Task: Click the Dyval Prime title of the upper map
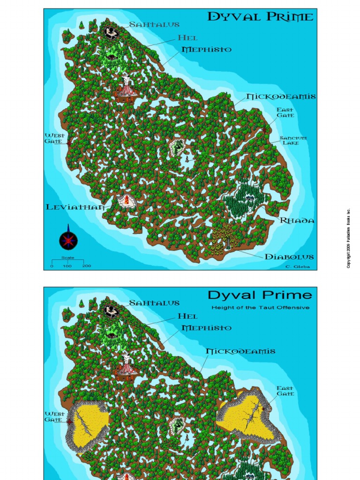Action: (261, 17)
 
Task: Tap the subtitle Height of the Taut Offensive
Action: (260, 307)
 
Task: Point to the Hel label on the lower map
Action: (187, 316)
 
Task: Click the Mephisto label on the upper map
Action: (206, 49)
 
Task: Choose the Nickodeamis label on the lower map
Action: (240, 351)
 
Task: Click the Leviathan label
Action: (75, 207)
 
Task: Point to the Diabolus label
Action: (289, 256)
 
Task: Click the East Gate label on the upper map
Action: (285, 112)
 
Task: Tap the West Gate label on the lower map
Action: (54, 416)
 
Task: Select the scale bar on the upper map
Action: (67, 262)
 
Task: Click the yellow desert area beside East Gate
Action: (246, 412)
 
